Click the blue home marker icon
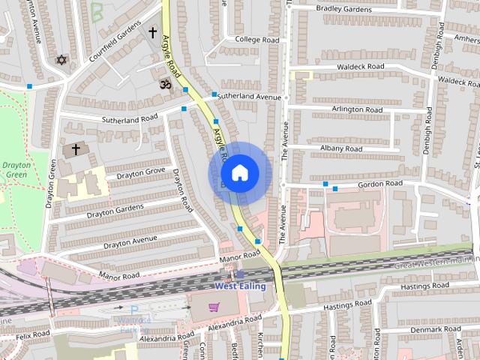coord(239,173)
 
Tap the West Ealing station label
coord(241,286)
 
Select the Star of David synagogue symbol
coord(61,59)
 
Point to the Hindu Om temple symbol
coord(163,84)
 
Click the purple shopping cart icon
coord(215,307)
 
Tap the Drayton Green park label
coord(15,169)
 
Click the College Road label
coord(256,40)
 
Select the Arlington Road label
coord(357,109)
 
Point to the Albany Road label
coord(341,148)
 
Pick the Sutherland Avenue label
coord(248,97)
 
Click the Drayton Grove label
coord(140,173)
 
